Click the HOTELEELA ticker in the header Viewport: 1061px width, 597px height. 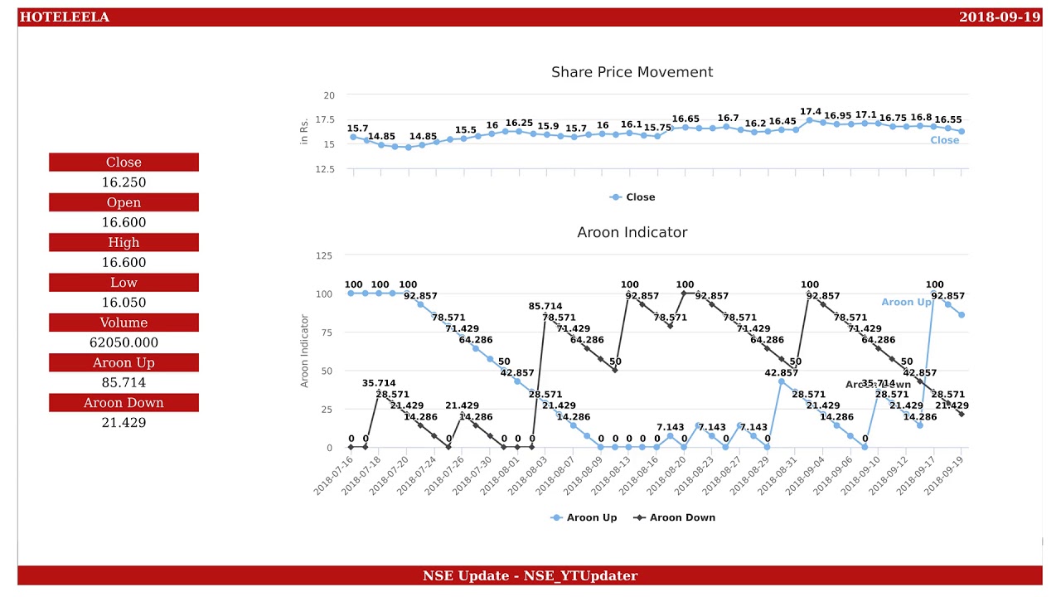pos(64,17)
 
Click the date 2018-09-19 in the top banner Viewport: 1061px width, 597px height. pos(999,17)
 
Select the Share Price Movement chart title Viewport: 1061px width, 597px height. pos(632,72)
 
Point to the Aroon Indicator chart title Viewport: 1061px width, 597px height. pos(632,232)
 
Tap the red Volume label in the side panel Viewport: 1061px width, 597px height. pos(124,323)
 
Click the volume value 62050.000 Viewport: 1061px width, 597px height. pos(124,342)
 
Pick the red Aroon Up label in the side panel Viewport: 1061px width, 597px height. pos(124,362)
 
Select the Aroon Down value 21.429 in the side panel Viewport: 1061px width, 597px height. pos(124,423)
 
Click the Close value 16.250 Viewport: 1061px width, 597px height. pos(124,182)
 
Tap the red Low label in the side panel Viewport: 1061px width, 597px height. pos(124,283)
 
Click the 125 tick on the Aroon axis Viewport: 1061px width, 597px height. pos(324,255)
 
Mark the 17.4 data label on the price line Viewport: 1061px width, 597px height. pos(810,112)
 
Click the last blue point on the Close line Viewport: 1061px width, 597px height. pos(962,131)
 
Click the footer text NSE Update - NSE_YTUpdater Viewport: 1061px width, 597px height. pos(530,575)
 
